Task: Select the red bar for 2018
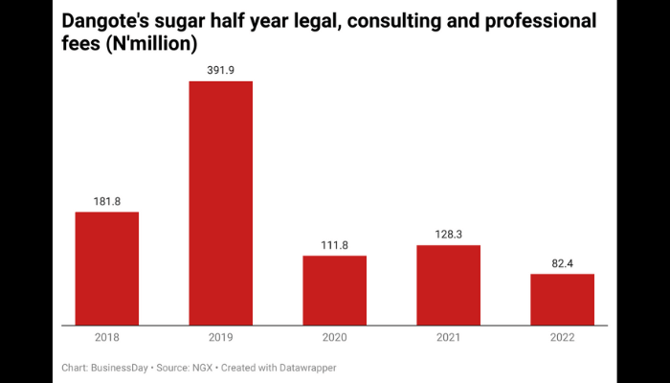107,268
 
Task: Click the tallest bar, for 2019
220,203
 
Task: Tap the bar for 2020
334,290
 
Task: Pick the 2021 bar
448,284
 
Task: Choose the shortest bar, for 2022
562,299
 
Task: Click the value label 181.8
107,201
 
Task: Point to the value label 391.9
220,70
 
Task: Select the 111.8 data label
334,245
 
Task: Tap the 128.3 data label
448,235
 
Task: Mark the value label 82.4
562,263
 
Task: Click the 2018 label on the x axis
107,337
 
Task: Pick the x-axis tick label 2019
220,337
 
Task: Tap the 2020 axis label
334,337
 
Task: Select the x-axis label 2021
448,337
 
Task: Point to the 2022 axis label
562,337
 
